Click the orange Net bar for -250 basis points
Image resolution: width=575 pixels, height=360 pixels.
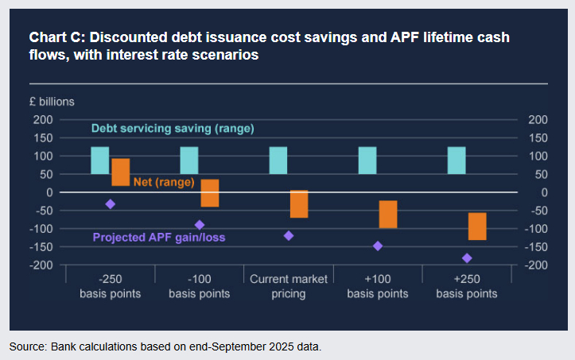pyautogui.click(x=121, y=172)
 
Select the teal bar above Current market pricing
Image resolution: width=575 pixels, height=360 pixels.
pyautogui.click(x=278, y=160)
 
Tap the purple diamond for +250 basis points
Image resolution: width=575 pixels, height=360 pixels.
pyautogui.click(x=467, y=258)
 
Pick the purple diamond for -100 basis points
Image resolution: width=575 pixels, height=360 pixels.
pyautogui.click(x=200, y=225)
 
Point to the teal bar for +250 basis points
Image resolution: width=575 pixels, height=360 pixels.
pyautogui.click(x=457, y=160)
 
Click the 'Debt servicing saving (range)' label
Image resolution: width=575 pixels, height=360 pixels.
pyautogui.click(x=173, y=128)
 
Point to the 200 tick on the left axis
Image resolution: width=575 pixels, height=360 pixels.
pyautogui.click(x=43, y=120)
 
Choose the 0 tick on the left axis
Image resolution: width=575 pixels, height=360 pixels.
pyautogui.click(x=49, y=192)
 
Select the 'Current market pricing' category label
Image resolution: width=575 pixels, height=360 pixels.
pyautogui.click(x=289, y=286)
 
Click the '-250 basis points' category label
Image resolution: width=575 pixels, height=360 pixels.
pyautogui.click(x=111, y=286)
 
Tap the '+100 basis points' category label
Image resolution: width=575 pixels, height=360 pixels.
pyautogui.click(x=378, y=286)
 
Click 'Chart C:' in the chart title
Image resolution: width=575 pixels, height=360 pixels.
pyautogui.click(x=56, y=38)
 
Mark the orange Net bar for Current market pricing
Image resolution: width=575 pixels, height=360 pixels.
pyautogui.click(x=299, y=204)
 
